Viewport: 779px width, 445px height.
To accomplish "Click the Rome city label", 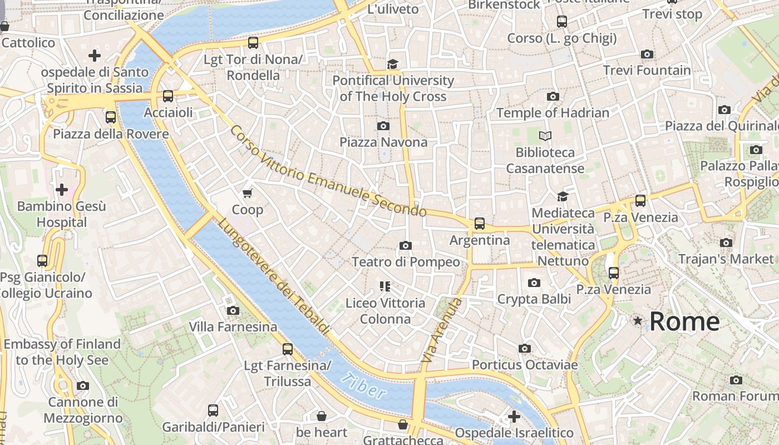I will point(684,322).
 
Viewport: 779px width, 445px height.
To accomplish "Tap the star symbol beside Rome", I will point(638,321).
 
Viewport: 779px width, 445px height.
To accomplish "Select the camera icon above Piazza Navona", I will point(383,126).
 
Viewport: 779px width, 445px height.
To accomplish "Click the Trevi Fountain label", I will point(647,71).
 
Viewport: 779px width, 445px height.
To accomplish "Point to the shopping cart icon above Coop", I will point(248,193).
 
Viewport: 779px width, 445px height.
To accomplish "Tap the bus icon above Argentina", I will point(479,224).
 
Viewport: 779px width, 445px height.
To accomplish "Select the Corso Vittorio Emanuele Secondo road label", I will point(328,171).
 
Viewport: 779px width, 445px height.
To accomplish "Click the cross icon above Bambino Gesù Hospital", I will point(62,190).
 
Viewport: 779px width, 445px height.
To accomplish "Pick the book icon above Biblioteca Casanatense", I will point(545,136).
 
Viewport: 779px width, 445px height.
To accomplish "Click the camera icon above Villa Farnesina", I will point(233,310).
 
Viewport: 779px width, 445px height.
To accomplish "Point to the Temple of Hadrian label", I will point(553,112).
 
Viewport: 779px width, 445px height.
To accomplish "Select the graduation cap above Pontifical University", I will point(393,64).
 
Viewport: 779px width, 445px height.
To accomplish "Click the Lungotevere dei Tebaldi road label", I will point(273,276).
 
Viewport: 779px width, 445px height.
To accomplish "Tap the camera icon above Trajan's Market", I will point(726,243).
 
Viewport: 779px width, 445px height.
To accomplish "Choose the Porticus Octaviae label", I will point(525,365).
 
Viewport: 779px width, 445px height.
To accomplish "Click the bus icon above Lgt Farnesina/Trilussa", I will point(288,349).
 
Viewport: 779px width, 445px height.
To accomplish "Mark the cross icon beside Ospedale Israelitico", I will point(514,416).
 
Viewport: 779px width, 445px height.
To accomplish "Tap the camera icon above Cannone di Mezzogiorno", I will point(83,385).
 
